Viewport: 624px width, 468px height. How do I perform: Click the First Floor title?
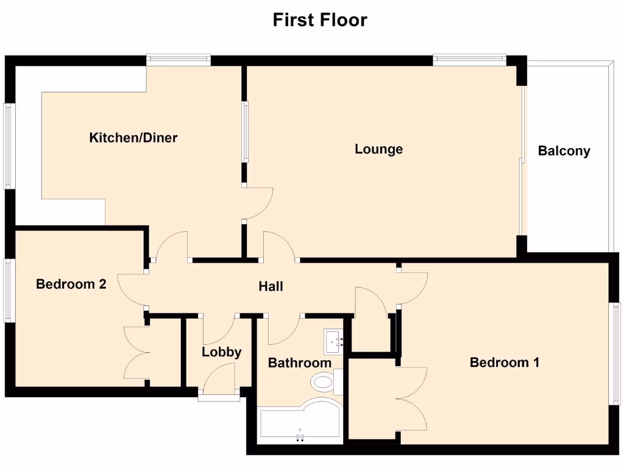point(319,19)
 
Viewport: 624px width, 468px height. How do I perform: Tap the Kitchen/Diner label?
point(133,138)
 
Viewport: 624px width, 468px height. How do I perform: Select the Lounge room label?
point(378,149)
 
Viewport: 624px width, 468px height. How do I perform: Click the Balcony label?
point(564,151)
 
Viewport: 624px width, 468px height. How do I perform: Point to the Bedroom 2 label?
point(71,284)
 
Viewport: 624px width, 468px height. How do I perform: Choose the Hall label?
point(271,286)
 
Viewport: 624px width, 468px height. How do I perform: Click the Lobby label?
point(222,352)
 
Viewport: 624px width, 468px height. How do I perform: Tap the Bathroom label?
point(300,363)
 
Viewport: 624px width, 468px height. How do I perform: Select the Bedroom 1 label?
point(505,363)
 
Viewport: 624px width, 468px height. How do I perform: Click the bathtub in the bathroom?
point(299,424)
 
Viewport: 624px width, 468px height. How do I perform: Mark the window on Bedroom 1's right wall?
point(615,353)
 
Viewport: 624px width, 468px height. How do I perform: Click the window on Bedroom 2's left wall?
point(8,290)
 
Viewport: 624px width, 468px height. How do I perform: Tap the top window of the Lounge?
point(469,59)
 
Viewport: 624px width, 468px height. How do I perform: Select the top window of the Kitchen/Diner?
point(179,59)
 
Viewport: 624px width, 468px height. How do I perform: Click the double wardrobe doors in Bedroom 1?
point(411,399)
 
